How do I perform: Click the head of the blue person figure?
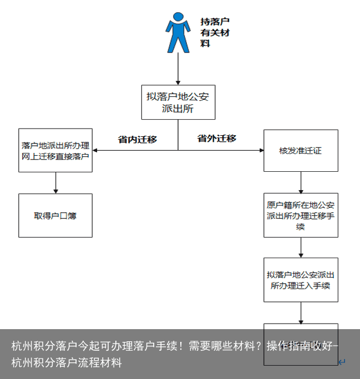(x=178, y=17)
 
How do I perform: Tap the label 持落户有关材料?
(x=214, y=32)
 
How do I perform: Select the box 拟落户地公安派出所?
(x=178, y=102)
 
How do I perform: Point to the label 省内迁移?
(x=137, y=140)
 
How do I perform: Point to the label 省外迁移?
(x=217, y=139)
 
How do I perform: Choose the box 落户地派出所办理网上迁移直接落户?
(x=55, y=150)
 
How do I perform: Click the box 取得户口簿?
(x=55, y=216)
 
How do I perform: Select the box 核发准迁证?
(x=301, y=150)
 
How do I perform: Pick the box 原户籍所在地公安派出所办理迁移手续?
(x=301, y=215)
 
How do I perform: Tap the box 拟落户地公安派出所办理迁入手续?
(x=301, y=279)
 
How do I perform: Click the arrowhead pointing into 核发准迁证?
(x=260, y=150)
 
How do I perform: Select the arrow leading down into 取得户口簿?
(x=55, y=183)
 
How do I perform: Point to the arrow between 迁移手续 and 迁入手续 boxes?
(x=301, y=247)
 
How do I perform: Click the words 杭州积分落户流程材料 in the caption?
(x=67, y=363)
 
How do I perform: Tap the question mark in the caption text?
(x=259, y=347)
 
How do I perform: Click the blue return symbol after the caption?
(x=342, y=362)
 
